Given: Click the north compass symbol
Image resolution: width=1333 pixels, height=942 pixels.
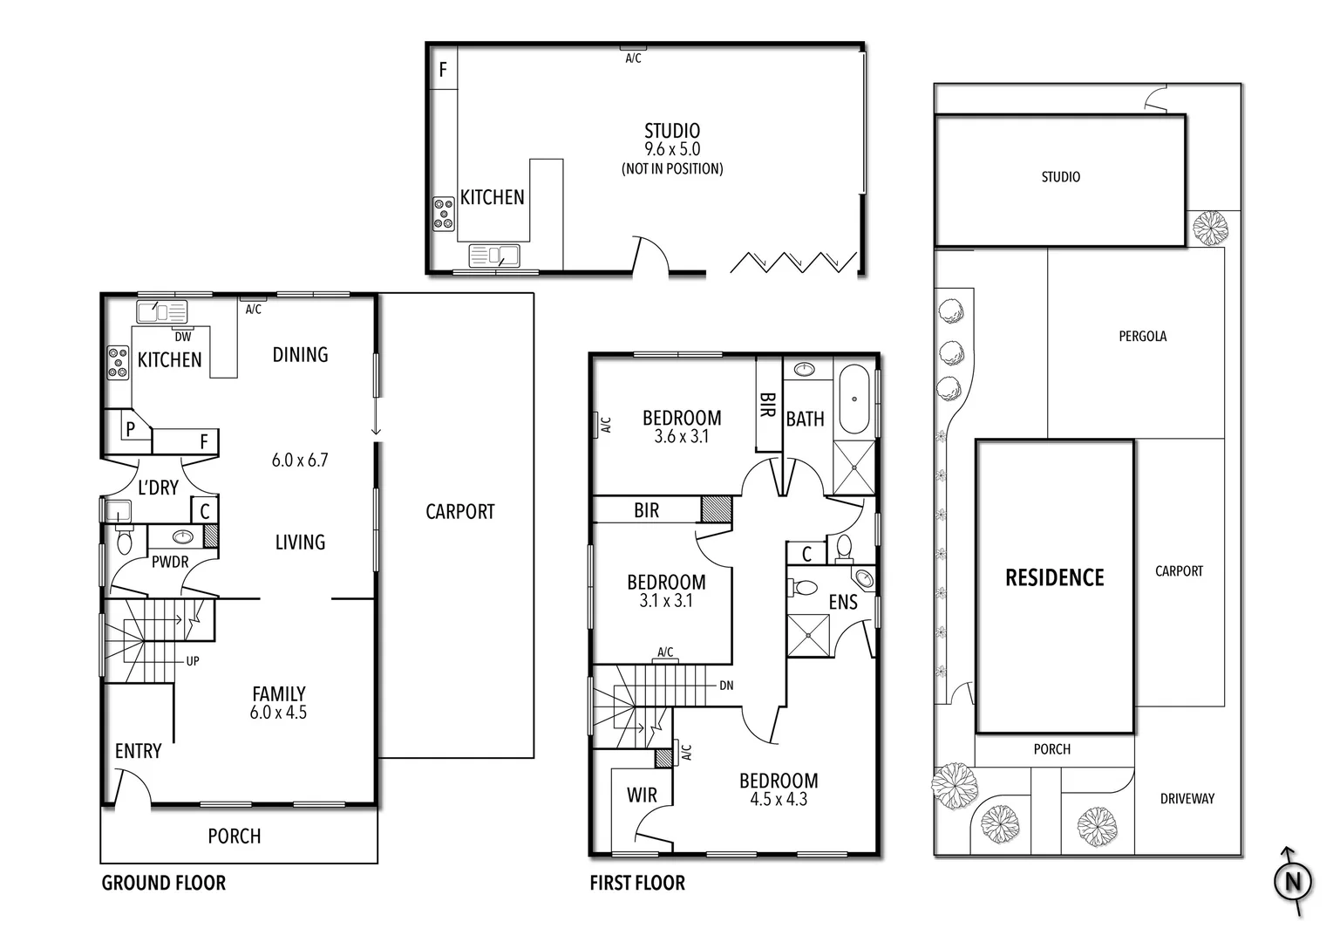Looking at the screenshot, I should point(1293,882).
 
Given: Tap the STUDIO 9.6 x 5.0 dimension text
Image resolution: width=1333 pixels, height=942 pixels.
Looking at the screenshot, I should point(671,150).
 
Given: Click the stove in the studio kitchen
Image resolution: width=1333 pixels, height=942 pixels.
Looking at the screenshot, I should point(444,214).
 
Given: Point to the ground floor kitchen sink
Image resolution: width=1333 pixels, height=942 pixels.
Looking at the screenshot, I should point(162,311).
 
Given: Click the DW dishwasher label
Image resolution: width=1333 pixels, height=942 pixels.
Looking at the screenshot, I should point(183,337).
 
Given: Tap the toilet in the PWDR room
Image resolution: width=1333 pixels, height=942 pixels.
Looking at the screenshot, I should point(124,542).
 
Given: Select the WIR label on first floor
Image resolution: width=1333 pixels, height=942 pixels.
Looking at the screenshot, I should point(642,795).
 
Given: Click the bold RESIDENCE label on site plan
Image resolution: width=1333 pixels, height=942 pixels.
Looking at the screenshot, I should point(1054,577).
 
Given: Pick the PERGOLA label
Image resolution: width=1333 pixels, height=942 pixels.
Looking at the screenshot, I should point(1142,336).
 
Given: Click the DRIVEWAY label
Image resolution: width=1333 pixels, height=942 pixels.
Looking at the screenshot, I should point(1187,798).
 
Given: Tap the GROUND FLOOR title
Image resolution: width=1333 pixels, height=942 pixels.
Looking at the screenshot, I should point(164,883).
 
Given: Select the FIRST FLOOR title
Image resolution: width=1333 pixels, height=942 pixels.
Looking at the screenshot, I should point(637,883).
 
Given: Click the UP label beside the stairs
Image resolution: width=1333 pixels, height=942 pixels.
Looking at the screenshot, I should point(193,661).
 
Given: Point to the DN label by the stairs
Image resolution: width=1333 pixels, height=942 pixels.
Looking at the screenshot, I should point(726,686).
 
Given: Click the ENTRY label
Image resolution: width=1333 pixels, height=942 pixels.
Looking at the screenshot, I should point(138,751).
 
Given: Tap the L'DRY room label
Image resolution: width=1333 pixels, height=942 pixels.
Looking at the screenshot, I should point(158,488).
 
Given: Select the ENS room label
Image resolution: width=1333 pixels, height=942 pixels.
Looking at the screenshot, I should point(842,602).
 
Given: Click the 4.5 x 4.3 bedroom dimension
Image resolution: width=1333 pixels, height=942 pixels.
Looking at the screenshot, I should point(778,799).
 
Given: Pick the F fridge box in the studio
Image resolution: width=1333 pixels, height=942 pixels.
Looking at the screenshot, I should point(443,69).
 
